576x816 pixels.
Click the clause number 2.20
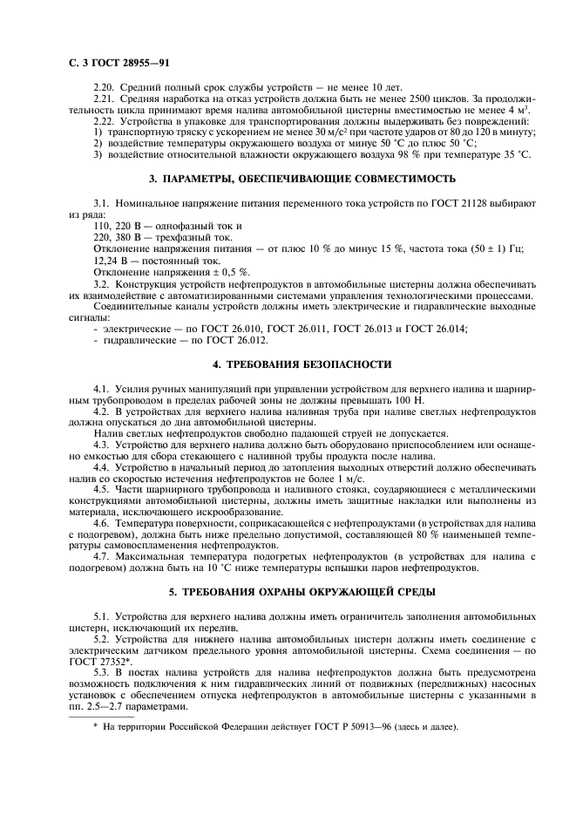click(x=104, y=89)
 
